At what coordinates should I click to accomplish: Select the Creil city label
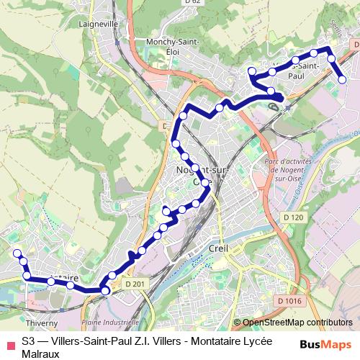[217, 248]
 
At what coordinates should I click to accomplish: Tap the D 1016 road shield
[288, 300]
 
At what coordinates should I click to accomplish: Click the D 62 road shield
[191, 2]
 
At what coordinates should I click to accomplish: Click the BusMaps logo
[325, 343]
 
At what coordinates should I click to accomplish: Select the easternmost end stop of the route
[343, 79]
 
